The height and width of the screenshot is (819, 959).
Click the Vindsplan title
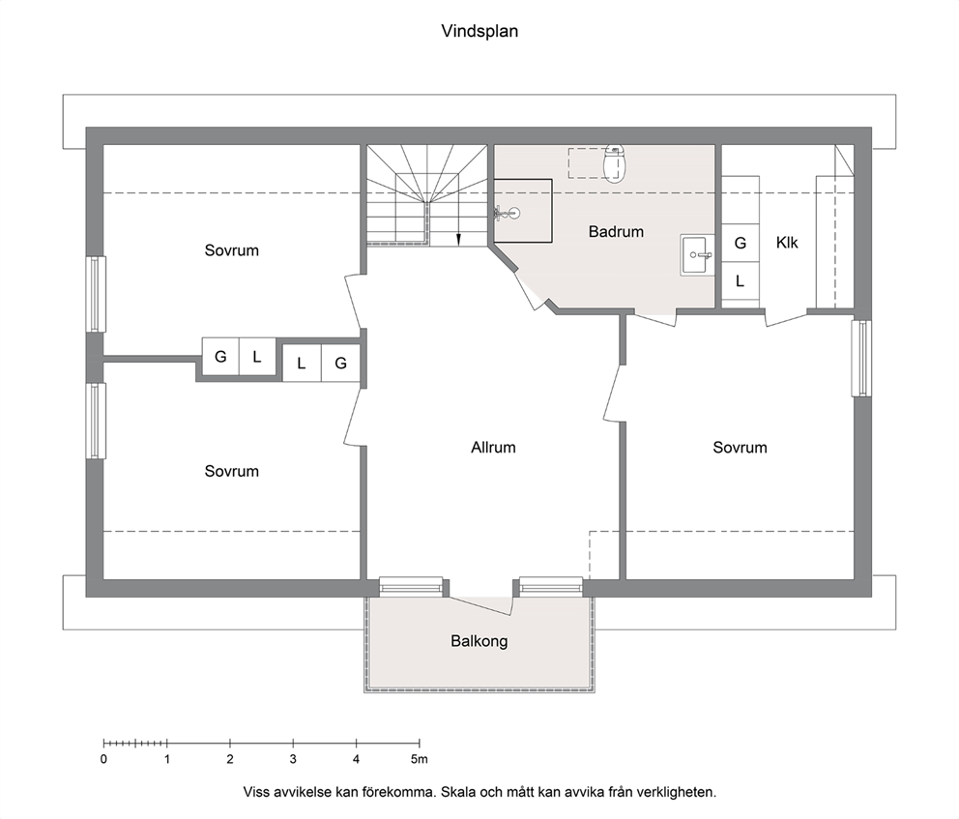[x=479, y=31]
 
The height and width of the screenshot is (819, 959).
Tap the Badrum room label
[x=616, y=232]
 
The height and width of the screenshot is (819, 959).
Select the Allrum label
[x=493, y=448]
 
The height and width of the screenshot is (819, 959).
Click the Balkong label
[x=479, y=642]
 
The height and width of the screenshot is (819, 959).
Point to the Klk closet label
[x=787, y=243]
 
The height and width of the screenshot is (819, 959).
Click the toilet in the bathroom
[x=614, y=162]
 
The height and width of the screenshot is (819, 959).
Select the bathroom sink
[x=697, y=255]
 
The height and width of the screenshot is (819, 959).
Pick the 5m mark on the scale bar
[x=419, y=759]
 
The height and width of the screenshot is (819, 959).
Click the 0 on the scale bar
[x=104, y=759]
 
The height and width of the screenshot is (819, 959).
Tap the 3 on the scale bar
[x=293, y=759]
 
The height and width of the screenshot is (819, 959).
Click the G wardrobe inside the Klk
[x=741, y=244]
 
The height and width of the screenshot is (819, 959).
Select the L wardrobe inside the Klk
[x=741, y=281]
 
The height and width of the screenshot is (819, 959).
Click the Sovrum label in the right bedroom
[x=741, y=448]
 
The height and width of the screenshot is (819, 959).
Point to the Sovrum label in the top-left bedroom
[x=232, y=250]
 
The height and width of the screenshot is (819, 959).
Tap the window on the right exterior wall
[x=861, y=358]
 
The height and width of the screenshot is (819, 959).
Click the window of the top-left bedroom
[x=96, y=294]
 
